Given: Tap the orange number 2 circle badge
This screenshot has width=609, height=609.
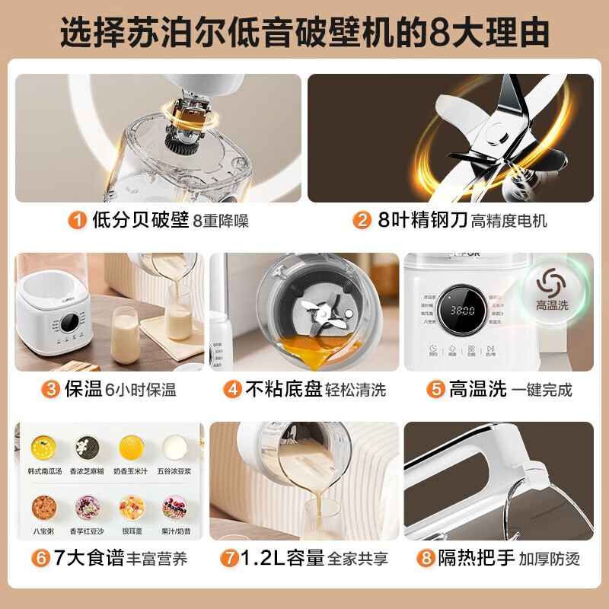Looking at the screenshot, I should [362, 221].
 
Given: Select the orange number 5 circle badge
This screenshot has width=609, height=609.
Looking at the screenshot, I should [435, 390].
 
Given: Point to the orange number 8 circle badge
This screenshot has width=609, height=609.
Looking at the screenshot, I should [426, 559].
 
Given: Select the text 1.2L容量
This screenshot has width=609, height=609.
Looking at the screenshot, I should [281, 559].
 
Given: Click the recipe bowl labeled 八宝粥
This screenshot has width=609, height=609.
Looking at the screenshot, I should [41, 505].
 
